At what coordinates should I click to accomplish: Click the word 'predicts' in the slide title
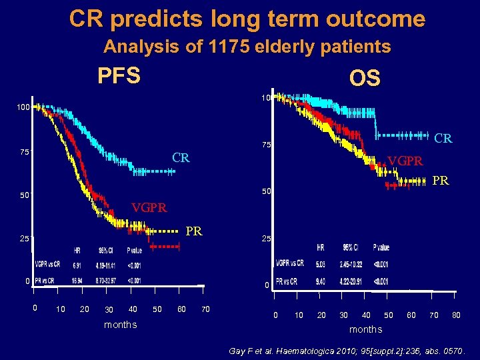tap(154, 19)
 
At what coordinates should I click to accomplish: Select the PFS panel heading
tap(119, 76)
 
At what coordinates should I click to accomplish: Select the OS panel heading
tap(364, 79)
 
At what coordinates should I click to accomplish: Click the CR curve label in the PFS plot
tap(181, 158)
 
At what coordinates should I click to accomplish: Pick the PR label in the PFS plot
tap(194, 231)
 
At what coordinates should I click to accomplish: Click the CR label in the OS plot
tap(443, 139)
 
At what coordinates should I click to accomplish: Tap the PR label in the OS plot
tap(441, 181)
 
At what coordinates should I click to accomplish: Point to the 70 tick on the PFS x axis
tap(205, 309)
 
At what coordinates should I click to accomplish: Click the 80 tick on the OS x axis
tap(456, 315)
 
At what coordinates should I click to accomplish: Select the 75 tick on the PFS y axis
tap(24, 152)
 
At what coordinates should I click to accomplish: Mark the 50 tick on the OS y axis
tap(266, 192)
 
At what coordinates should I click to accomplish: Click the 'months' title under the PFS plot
tap(121, 325)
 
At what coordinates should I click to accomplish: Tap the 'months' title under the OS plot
tap(366, 329)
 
